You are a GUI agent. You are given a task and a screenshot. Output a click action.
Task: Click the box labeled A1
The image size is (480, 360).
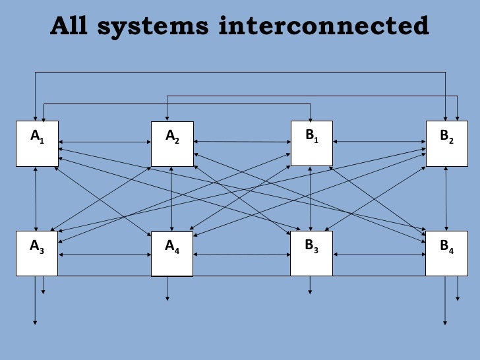(37, 143)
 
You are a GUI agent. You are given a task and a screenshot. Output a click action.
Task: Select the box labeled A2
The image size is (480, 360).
(172, 144)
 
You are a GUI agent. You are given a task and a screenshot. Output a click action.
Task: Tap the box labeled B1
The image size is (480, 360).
(311, 143)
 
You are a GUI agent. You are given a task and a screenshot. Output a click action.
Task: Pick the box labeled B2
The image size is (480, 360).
(446, 143)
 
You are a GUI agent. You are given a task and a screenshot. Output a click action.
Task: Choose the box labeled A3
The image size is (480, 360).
(37, 253)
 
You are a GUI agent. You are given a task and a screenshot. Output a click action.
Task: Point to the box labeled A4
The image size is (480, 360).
(172, 254)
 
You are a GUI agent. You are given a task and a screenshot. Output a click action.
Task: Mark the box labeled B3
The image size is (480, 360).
(311, 253)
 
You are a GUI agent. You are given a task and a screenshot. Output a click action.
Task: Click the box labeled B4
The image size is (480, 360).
(446, 253)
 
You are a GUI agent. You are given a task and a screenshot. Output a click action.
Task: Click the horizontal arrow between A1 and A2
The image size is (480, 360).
(105, 142)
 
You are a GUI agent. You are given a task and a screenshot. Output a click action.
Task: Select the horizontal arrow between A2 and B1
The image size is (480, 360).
(242, 141)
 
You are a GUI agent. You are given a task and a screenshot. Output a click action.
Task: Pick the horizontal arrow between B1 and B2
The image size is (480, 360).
(379, 141)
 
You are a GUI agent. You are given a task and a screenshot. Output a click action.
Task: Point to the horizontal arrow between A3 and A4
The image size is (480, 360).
(105, 255)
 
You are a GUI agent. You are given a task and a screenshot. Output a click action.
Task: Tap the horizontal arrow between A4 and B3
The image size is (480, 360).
(242, 255)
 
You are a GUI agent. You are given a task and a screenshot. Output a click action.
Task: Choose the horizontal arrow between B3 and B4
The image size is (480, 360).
(379, 254)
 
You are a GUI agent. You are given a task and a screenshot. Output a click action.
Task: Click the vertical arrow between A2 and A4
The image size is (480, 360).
(172, 198)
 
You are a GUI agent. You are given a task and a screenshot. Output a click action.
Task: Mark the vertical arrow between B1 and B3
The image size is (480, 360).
(311, 198)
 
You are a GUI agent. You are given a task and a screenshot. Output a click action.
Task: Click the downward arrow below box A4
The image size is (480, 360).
(167, 288)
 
